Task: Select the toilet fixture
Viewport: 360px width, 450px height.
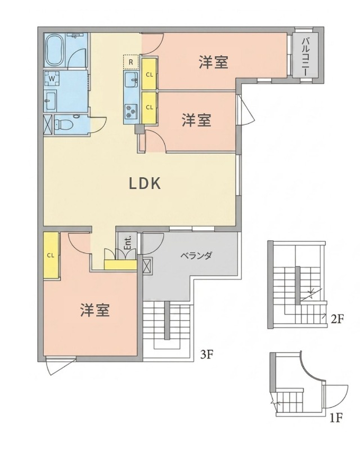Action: (x=63, y=123)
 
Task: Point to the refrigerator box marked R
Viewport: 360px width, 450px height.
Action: (x=130, y=61)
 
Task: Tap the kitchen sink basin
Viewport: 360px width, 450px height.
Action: (x=132, y=79)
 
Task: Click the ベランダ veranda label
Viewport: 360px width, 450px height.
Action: (x=196, y=256)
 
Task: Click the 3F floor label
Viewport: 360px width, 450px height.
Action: (x=207, y=354)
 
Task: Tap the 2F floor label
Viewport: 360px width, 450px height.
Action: (x=337, y=319)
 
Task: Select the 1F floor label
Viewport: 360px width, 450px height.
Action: (x=336, y=417)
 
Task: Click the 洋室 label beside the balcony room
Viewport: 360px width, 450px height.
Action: (x=213, y=62)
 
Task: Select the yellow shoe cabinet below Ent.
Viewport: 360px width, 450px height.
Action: (x=120, y=264)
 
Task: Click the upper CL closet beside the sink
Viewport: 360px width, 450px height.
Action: (x=149, y=74)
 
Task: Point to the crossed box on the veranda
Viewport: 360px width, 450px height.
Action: (x=148, y=265)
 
